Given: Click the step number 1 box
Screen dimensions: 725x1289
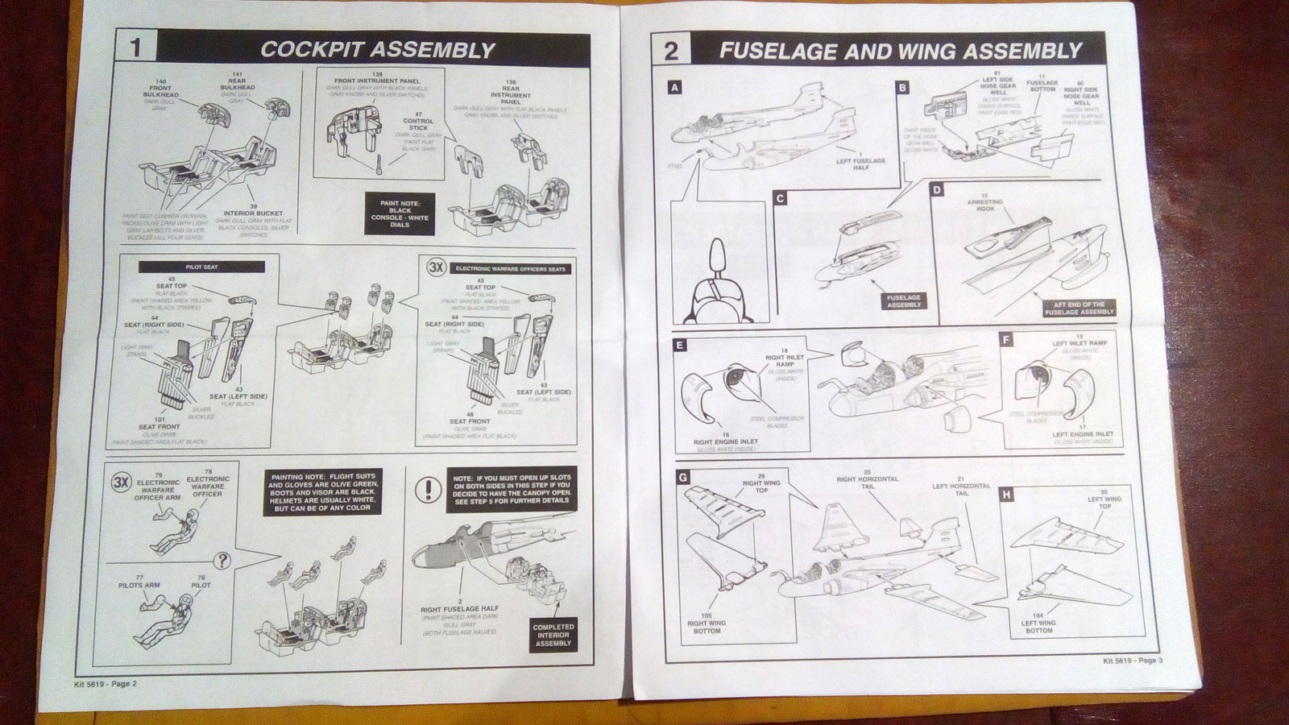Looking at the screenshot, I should tap(135, 48).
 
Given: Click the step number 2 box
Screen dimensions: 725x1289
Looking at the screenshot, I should tap(670, 51).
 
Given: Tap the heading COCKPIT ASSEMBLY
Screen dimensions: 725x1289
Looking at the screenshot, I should tap(377, 49).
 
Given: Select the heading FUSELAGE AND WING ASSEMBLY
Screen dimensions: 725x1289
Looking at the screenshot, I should tap(900, 52).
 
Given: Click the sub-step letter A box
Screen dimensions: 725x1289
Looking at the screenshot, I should tap(675, 87).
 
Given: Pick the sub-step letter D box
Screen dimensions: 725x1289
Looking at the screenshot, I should tap(936, 190).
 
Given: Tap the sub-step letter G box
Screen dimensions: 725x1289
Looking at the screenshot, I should tap(683, 478).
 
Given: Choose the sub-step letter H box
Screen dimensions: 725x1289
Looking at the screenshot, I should tap(1006, 494).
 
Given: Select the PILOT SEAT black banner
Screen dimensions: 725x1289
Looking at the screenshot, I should tap(201, 266).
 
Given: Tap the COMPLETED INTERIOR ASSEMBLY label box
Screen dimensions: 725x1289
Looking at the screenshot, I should tap(553, 635).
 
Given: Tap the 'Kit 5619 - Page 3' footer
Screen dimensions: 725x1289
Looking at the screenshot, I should tap(1133, 661).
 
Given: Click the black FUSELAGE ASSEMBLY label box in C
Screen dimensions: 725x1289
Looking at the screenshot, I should tap(904, 301).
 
